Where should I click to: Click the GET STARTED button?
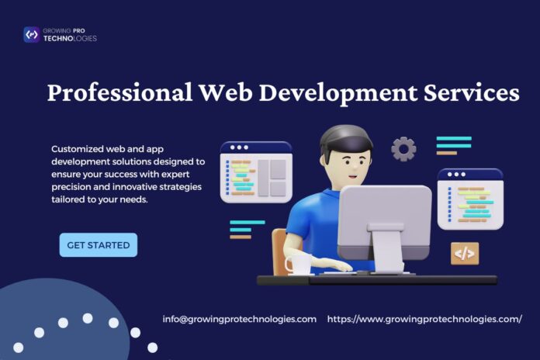[99, 245]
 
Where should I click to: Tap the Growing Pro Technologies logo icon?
[32, 34]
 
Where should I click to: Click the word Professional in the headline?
[119, 92]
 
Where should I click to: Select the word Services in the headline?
[472, 92]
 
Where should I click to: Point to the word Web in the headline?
[226, 92]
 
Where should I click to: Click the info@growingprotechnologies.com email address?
[239, 320]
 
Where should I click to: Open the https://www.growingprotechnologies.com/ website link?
[424, 320]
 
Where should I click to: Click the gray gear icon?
[403, 149]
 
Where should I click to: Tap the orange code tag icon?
[465, 254]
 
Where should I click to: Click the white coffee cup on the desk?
[297, 265]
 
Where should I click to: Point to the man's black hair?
[344, 138]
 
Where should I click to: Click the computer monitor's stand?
[387, 247]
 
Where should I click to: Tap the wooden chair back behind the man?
[279, 251]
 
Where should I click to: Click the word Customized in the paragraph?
[78, 149]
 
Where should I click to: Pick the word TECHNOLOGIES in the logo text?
[70, 39]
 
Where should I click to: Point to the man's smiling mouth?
[353, 176]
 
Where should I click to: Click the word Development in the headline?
[337, 93]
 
